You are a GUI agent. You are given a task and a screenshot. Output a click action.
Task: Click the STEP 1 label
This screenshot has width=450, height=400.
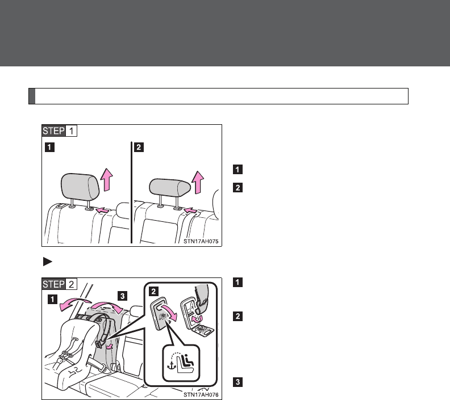click(x=60, y=132)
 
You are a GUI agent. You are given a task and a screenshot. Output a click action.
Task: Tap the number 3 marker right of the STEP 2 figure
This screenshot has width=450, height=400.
click(x=237, y=382)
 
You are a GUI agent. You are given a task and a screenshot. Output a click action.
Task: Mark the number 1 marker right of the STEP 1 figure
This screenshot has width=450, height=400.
click(x=237, y=169)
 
